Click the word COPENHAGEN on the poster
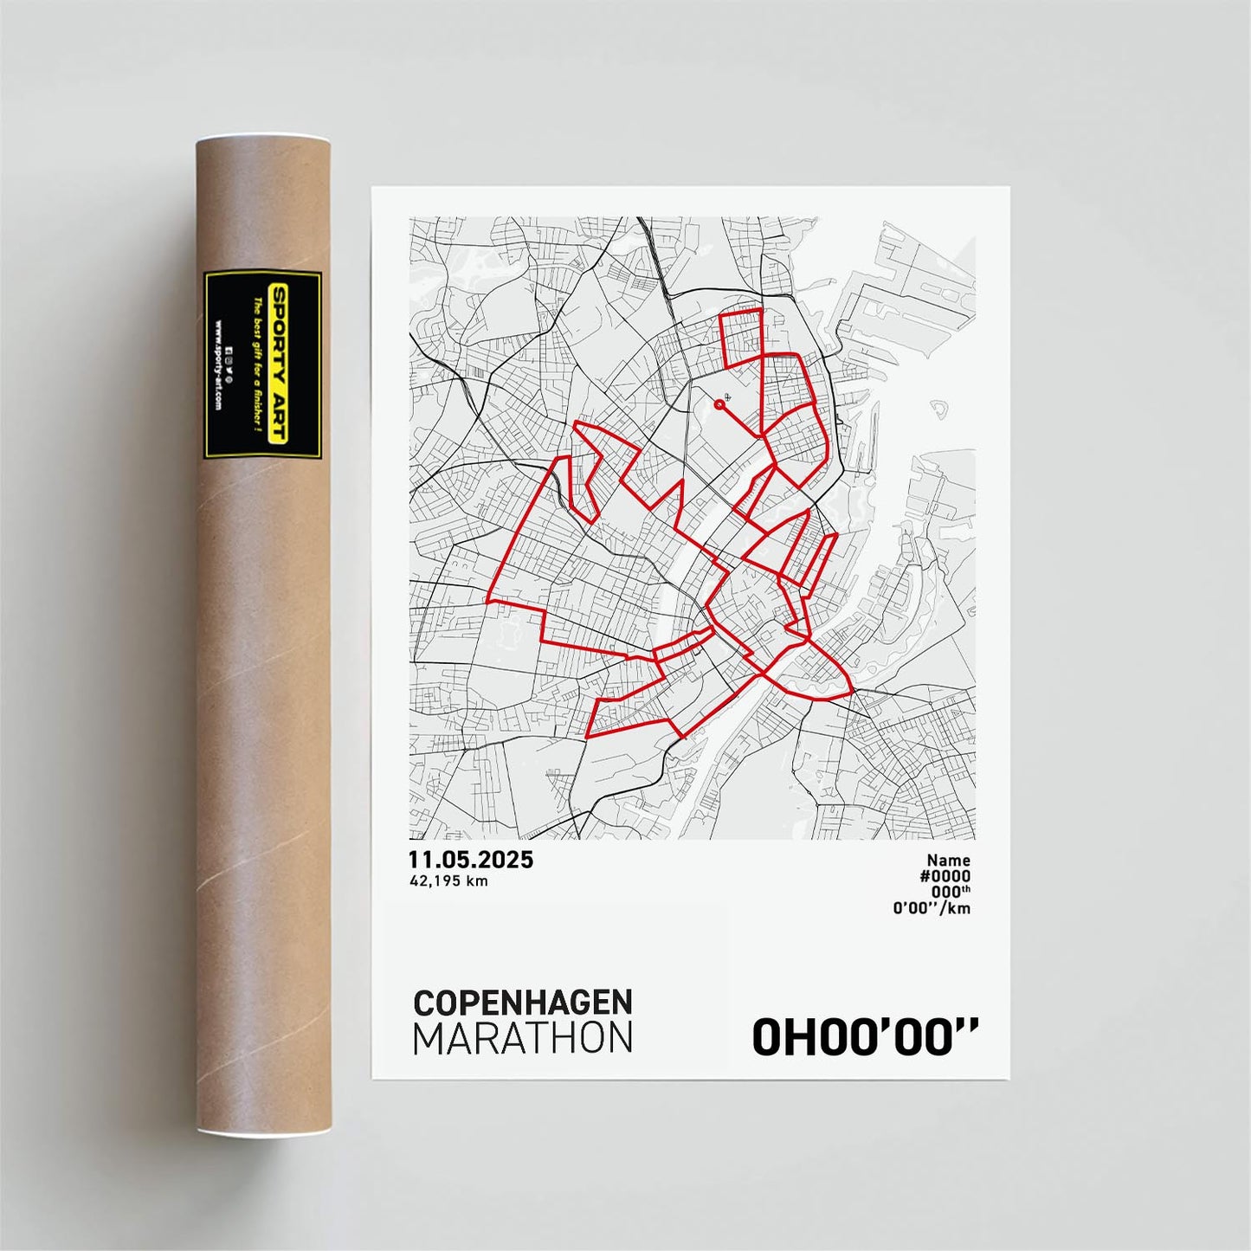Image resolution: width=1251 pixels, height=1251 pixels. click(523, 1003)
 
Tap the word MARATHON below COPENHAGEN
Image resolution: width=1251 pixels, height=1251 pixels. click(523, 1039)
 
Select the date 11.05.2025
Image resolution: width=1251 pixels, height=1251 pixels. click(471, 860)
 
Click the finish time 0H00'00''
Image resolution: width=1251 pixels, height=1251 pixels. click(865, 1037)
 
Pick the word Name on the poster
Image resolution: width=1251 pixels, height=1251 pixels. click(948, 861)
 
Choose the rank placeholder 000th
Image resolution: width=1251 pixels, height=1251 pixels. click(951, 892)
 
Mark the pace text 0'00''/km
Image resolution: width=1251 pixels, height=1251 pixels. click(932, 908)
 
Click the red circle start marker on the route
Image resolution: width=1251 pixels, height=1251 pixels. click(719, 404)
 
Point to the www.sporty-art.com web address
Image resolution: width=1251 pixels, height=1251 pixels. click(217, 365)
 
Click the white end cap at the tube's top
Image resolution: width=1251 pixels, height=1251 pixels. click(262, 139)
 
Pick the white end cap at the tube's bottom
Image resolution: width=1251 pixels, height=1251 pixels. click(262, 1132)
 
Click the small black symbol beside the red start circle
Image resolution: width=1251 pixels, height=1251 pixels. click(727, 397)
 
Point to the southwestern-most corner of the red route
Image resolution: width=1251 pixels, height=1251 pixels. click(587, 737)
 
